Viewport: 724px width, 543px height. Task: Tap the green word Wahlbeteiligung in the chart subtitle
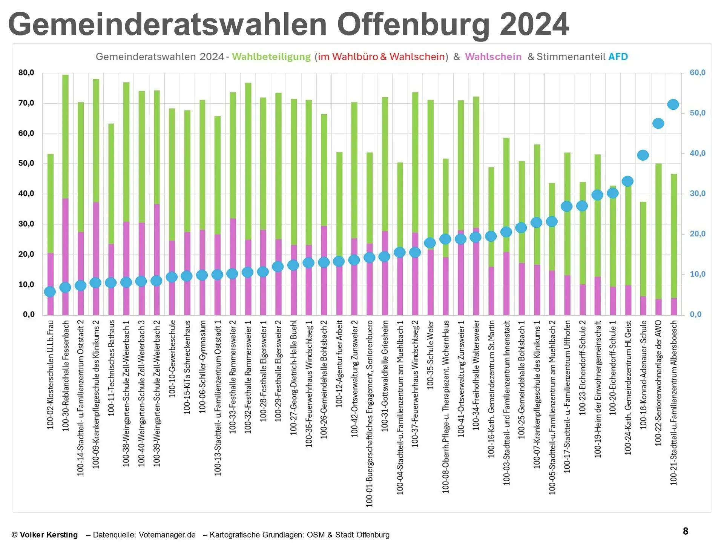pos(271,57)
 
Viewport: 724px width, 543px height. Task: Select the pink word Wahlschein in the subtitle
pos(493,57)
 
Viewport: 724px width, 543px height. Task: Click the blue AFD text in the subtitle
pos(618,57)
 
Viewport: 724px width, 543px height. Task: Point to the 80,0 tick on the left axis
pos(26,73)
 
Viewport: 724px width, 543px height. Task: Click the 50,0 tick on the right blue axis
pos(697,113)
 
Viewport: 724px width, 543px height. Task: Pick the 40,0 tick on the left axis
pos(26,194)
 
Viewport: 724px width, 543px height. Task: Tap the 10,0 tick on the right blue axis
pos(697,275)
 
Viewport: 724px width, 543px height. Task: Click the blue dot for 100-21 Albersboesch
pos(673,104)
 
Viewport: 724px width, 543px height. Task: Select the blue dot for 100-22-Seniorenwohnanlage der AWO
pos(658,123)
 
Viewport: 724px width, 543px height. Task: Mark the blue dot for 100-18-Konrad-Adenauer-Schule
pos(643,155)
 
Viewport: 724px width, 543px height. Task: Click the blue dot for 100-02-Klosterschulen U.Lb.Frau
pos(50,291)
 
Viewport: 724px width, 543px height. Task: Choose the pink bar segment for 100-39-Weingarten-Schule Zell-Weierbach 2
pos(156,241)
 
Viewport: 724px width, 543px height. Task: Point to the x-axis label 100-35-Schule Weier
pos(431,355)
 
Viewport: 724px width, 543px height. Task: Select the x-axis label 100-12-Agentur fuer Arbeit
pos(339,364)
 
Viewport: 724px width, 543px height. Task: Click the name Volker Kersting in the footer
pos(49,535)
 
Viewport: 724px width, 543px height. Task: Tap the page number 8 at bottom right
pos(685,531)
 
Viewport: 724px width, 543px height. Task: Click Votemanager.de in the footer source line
pos(167,535)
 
